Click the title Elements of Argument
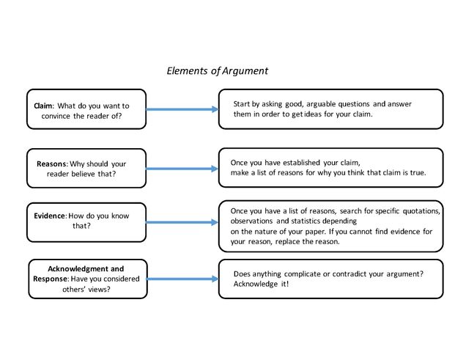218,71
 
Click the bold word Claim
42,106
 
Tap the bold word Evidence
49,216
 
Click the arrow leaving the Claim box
182,109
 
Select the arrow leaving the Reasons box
182,168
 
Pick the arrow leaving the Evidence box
182,222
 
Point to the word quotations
419,211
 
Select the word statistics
320,221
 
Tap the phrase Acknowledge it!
261,284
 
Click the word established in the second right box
314,162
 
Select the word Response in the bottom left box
50,279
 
